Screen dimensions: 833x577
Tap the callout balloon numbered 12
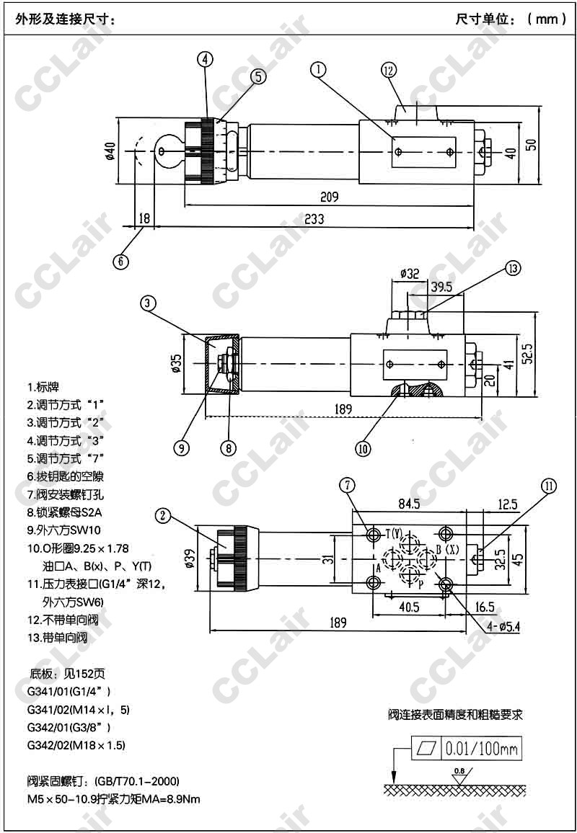(389, 70)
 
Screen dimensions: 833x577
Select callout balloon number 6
(123, 260)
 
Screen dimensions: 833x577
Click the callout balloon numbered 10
(363, 447)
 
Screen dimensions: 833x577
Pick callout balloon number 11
(549, 486)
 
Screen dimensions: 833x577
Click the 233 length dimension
(313, 219)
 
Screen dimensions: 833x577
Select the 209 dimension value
(328, 196)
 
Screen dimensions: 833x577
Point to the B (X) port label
(448, 549)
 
